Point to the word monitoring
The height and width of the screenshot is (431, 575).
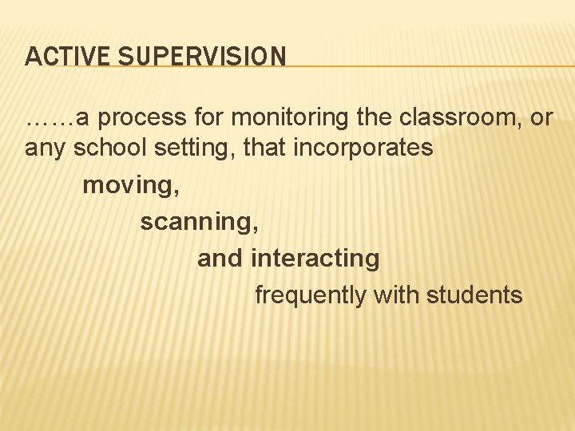point(295,118)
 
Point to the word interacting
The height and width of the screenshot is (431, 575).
point(315,259)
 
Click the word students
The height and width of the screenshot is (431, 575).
point(474,295)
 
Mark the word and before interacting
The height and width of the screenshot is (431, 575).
point(220,259)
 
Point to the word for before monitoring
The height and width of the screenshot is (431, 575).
point(212,118)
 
